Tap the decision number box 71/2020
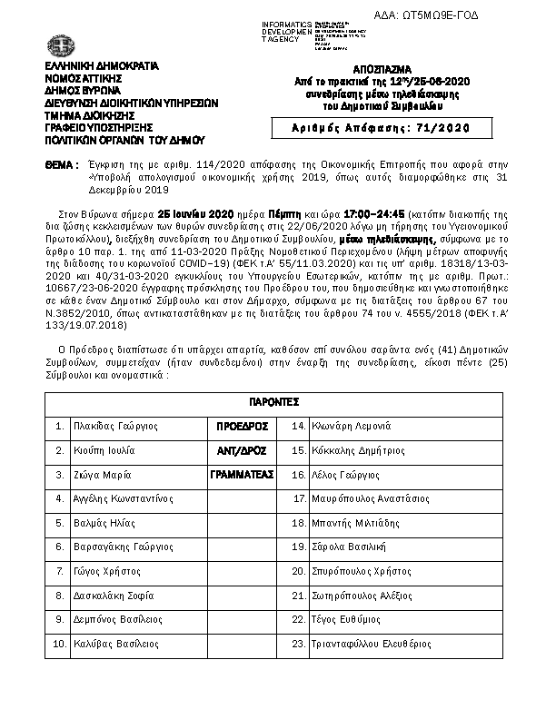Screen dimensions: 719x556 pos(381,128)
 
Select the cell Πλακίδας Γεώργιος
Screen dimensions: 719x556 pos(114,425)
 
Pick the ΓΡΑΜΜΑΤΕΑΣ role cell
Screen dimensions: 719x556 pos(241,474)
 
